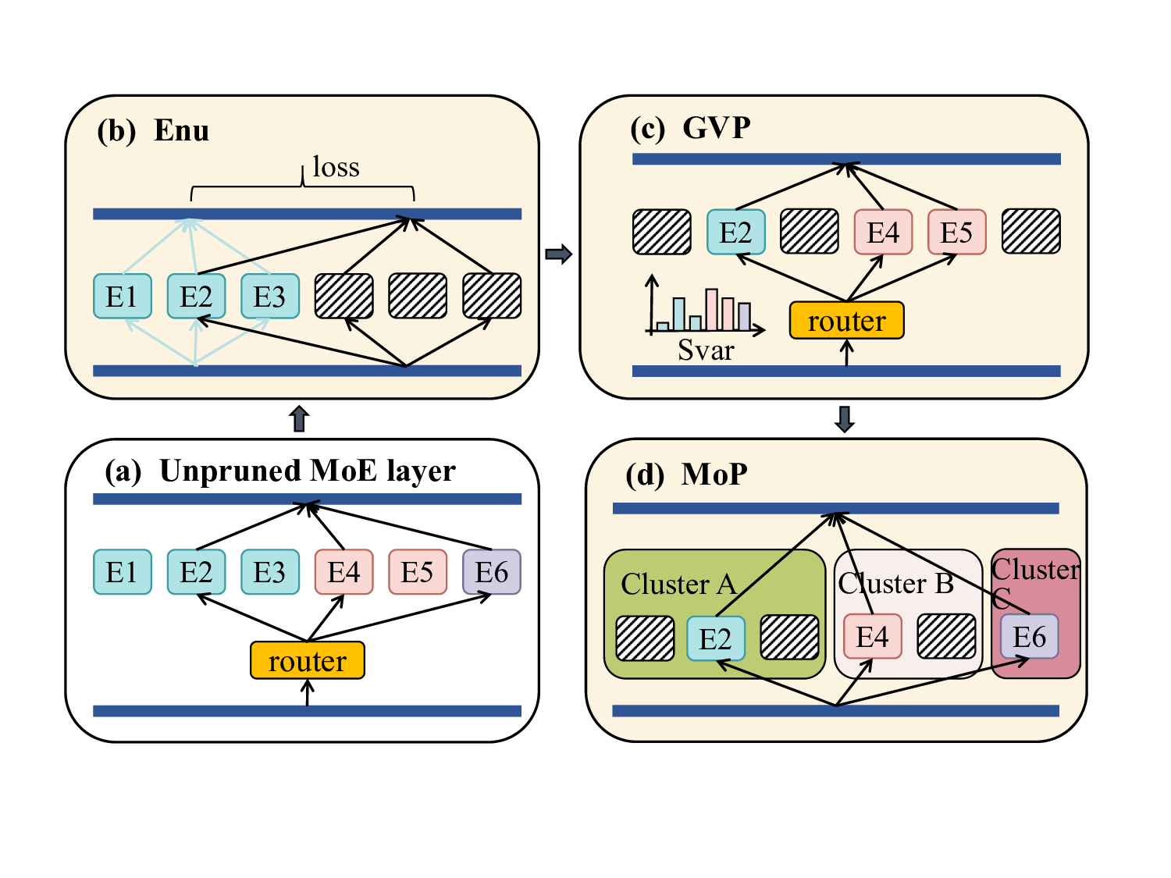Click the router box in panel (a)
pyautogui.click(x=308, y=660)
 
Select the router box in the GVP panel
pyautogui.click(x=846, y=321)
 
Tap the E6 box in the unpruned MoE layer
pyautogui.click(x=491, y=572)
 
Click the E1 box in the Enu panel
pyautogui.click(x=122, y=297)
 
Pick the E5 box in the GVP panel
pyautogui.click(x=956, y=232)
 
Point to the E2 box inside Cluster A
pyautogui.click(x=715, y=638)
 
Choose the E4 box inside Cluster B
pyautogui.click(x=872, y=637)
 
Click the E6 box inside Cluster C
pyautogui.click(x=1029, y=637)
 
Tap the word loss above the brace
pyautogui.click(x=336, y=167)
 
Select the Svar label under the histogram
pyautogui.click(x=706, y=350)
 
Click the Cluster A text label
pyautogui.click(x=678, y=584)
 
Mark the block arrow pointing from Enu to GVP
pyautogui.click(x=558, y=254)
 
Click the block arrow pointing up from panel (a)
pyautogui.click(x=299, y=419)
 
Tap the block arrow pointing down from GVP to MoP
pyautogui.click(x=845, y=419)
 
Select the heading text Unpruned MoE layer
pyautogui.click(x=308, y=471)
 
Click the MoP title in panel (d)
pyautogui.click(x=714, y=474)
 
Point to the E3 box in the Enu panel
pyautogui.click(x=269, y=297)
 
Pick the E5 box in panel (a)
pyautogui.click(x=417, y=572)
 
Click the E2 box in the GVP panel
pyautogui.click(x=735, y=232)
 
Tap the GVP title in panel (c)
pyautogui.click(x=717, y=127)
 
